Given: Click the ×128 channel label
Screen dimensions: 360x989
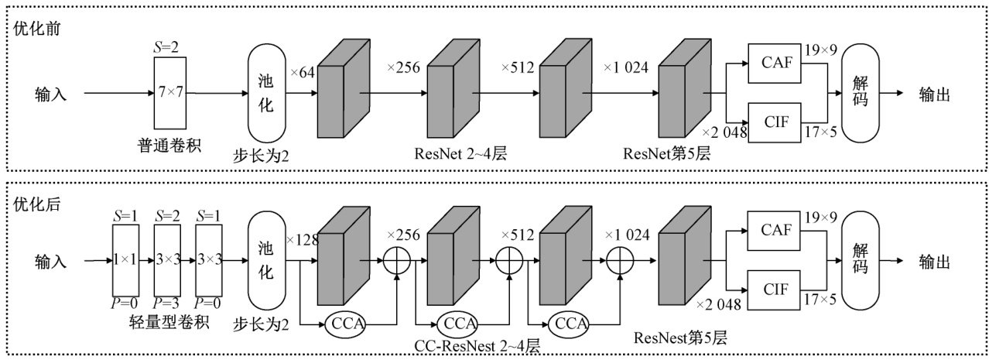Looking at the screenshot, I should click(x=303, y=241).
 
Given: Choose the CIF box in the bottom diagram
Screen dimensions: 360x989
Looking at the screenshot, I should click(x=775, y=290).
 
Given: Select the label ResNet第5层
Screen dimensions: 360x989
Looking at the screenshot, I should click(x=666, y=153).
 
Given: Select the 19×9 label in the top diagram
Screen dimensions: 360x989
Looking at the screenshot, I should click(x=822, y=51).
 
